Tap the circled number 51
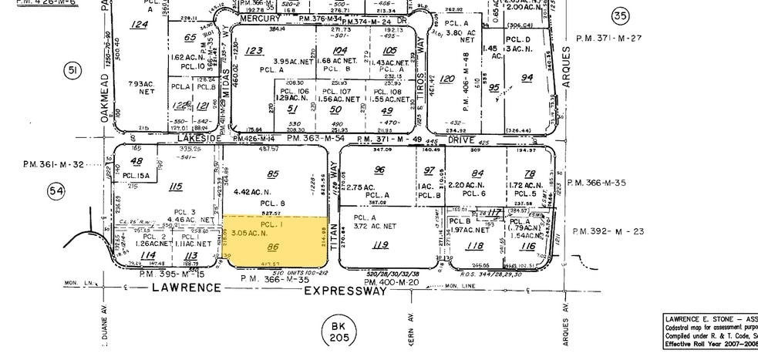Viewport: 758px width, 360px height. coord(72,72)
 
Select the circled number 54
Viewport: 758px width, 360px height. coord(56,190)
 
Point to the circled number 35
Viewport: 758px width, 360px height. coord(619,15)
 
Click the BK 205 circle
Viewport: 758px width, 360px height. coord(336,332)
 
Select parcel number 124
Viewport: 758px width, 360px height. coord(139,25)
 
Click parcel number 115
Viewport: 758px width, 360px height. coord(176,186)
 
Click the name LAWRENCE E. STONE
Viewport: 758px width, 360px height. coord(701,318)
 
